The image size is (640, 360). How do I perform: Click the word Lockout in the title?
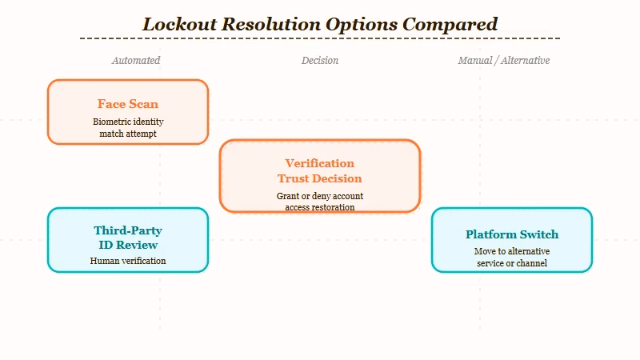[179, 24]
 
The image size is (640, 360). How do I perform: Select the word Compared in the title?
[450, 24]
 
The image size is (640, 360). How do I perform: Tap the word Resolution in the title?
[271, 24]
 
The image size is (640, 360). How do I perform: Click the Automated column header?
[136, 60]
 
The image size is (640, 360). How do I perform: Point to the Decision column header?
[320, 60]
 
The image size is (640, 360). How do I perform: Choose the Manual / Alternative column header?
[504, 60]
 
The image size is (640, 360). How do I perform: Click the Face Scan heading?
[128, 104]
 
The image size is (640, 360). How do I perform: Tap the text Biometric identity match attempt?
[128, 127]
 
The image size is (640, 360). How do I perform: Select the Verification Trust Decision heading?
[320, 170]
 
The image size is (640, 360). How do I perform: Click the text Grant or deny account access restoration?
[320, 202]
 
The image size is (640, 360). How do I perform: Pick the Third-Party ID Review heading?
[128, 238]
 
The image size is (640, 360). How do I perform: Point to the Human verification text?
[128, 261]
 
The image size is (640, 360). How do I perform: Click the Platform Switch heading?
[512, 234]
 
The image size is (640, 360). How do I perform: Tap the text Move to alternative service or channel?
[512, 257]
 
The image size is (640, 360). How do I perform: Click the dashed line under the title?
[320, 38]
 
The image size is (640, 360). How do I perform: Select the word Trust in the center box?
[293, 178]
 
